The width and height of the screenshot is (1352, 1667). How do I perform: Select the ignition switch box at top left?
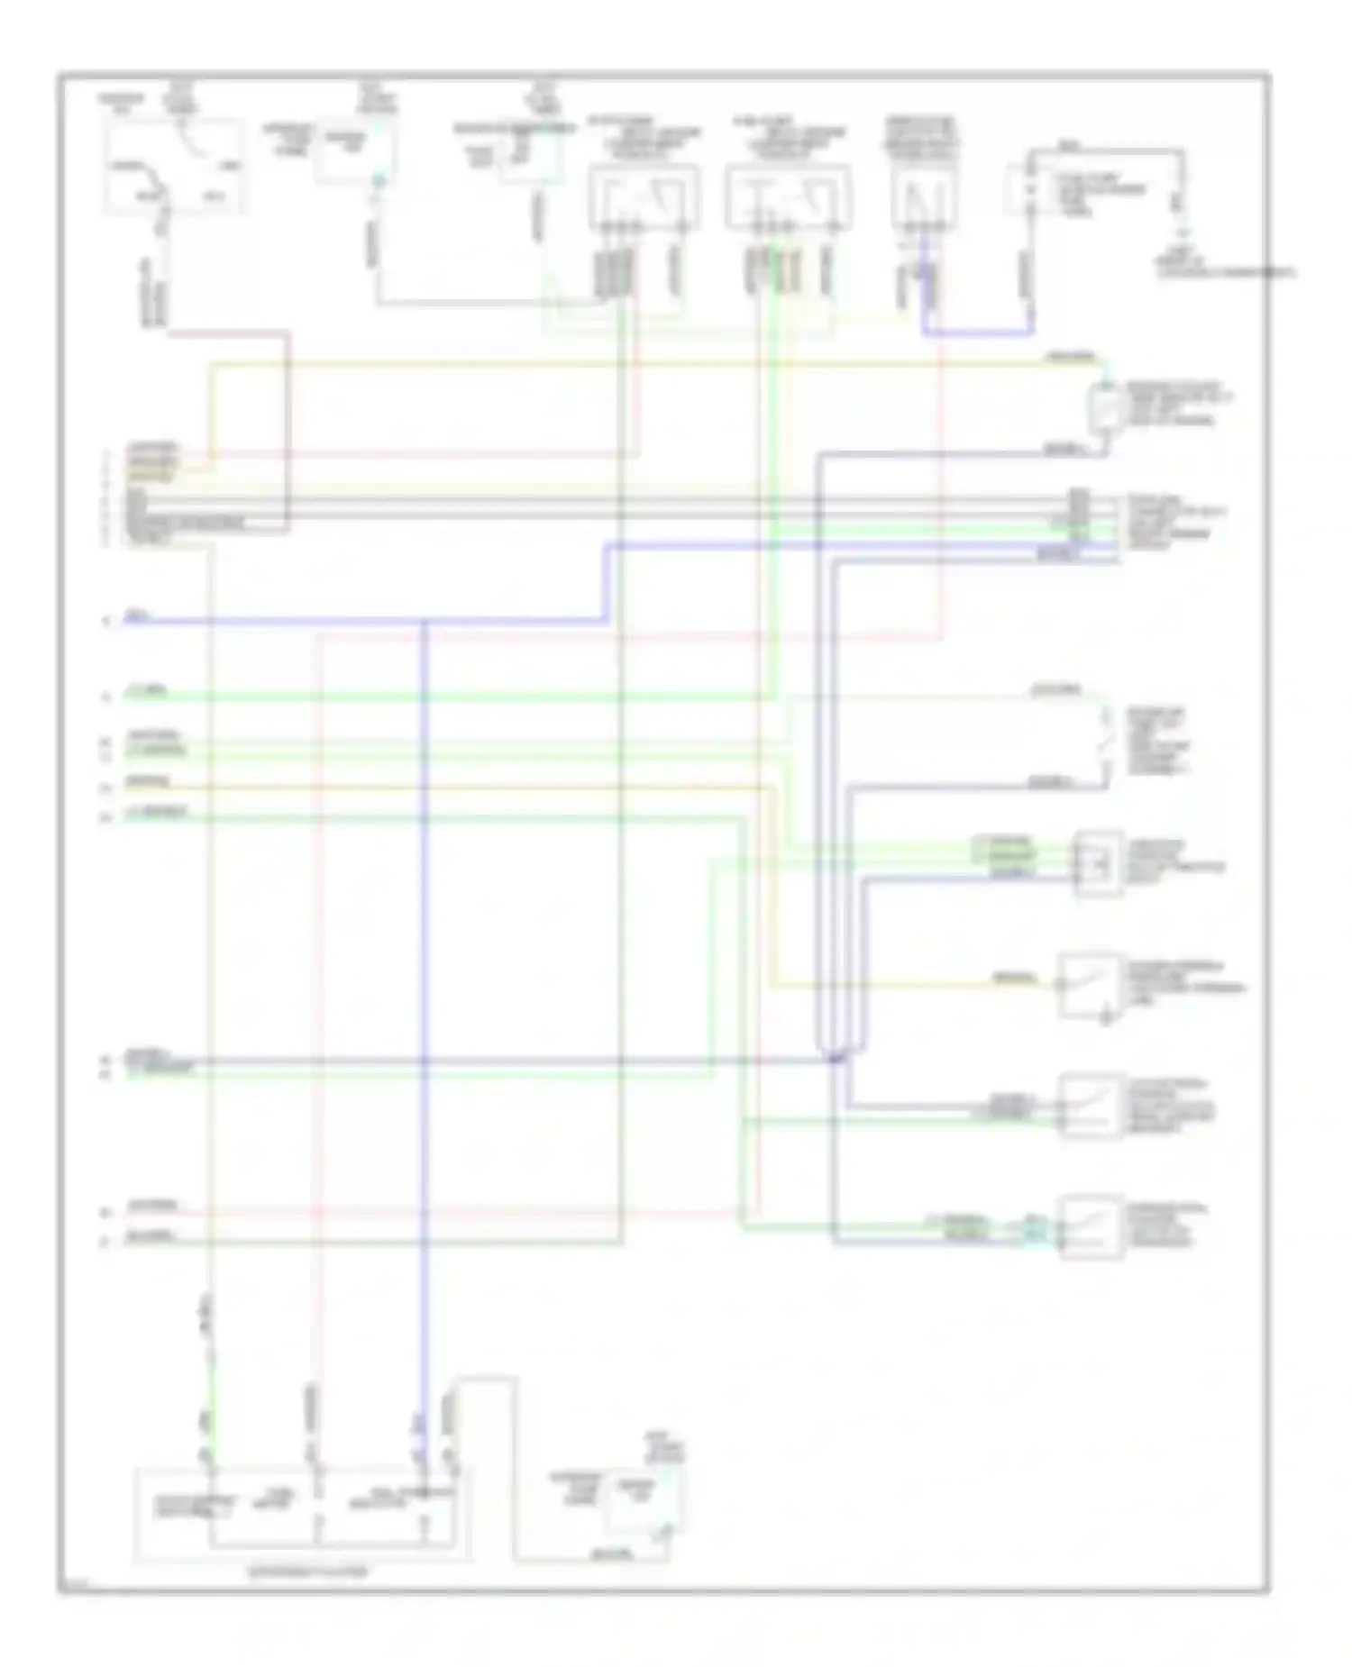tap(173, 167)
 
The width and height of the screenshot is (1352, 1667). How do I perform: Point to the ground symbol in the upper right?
tap(1177, 232)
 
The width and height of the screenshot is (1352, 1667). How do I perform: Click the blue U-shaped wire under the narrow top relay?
tap(978, 333)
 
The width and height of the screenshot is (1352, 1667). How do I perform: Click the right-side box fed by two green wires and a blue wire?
tap(1098, 863)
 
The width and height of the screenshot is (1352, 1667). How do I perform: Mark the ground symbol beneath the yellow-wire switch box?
tap(1107, 1019)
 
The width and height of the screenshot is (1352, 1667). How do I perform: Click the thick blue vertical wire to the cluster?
tap(424, 991)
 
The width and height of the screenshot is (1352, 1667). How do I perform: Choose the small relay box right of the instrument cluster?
tap(643, 1501)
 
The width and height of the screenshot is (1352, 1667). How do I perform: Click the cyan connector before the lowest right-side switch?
tap(1034, 1229)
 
